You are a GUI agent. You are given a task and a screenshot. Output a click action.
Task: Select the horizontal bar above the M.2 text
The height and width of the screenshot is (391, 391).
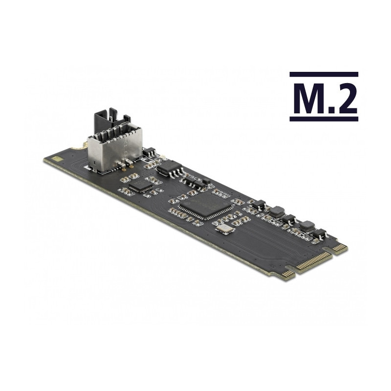click(x=324, y=74)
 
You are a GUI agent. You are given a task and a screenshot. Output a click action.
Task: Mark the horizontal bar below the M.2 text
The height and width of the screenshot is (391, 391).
click(x=324, y=119)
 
